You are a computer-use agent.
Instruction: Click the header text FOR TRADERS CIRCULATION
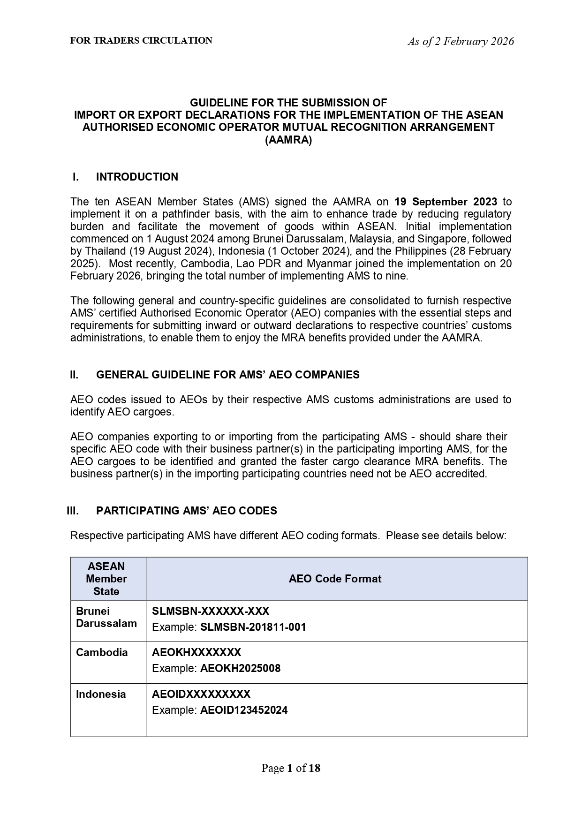pyautogui.click(x=141, y=41)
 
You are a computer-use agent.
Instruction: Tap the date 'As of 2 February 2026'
pyautogui.click(x=461, y=42)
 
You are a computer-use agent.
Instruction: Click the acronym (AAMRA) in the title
pyautogui.click(x=288, y=140)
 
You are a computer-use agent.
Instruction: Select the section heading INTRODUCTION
pyautogui.click(x=137, y=177)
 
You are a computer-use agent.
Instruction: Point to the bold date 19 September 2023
pyautogui.click(x=446, y=202)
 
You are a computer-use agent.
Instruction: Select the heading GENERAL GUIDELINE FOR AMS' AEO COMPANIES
pyautogui.click(x=227, y=375)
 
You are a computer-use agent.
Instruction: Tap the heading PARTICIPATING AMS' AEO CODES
pyautogui.click(x=186, y=511)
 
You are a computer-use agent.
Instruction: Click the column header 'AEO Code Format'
pyautogui.click(x=335, y=579)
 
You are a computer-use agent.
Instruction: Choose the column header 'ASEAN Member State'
pyautogui.click(x=106, y=579)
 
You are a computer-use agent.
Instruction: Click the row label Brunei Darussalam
pyautogui.click(x=106, y=617)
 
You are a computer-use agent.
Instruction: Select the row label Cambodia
pyautogui.click(x=102, y=652)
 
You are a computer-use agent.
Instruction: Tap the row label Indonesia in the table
pyautogui.click(x=101, y=694)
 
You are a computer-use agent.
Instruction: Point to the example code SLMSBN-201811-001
pyautogui.click(x=253, y=627)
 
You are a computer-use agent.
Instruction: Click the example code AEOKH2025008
pyautogui.click(x=240, y=668)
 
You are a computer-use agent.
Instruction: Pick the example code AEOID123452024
pyautogui.click(x=244, y=710)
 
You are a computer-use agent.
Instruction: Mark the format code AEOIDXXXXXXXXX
pyautogui.click(x=201, y=694)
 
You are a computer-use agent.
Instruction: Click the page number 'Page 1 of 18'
pyautogui.click(x=291, y=768)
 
